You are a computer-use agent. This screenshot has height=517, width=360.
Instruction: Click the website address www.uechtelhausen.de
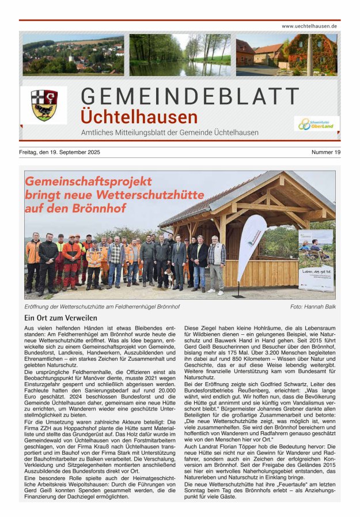309,27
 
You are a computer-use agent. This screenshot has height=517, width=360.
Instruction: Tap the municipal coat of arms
44,104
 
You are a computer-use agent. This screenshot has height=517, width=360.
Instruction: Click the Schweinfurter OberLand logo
317,123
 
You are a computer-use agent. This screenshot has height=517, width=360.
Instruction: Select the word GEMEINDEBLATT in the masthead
190,96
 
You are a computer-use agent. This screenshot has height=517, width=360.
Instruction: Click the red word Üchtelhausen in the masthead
139,117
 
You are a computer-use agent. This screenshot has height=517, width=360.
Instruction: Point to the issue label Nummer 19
326,152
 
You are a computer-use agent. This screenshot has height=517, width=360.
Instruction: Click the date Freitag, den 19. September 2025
60,152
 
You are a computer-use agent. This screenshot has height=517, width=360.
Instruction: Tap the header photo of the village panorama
73,55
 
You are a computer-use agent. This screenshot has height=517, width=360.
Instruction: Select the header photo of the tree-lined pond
180,55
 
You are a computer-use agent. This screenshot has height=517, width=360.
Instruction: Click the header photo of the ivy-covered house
286,55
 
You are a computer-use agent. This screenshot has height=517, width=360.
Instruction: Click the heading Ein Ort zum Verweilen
61,318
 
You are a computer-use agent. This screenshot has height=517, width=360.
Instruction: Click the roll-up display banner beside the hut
316,260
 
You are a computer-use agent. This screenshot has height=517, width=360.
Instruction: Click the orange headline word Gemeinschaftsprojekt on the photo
88,182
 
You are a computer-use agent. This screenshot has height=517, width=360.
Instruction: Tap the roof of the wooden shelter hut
248,196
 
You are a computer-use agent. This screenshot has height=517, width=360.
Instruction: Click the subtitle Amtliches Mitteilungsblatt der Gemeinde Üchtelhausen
170,133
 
